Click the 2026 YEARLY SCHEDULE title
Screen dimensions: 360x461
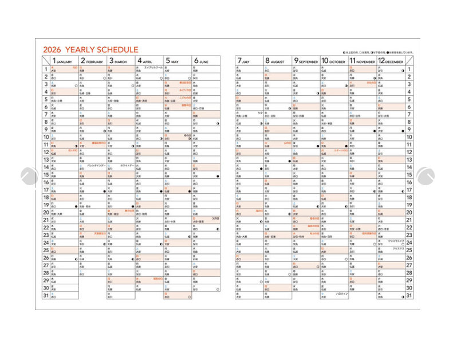[90, 50]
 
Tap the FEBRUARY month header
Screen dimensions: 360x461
[92, 61]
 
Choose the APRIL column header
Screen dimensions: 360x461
[145, 61]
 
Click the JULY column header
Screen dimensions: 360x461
[244, 61]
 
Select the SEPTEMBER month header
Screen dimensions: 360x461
[306, 61]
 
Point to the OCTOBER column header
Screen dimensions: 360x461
[333, 61]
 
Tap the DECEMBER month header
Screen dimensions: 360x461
[390, 61]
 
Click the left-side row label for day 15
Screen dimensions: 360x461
[46, 174]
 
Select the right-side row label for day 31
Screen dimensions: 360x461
[409, 295]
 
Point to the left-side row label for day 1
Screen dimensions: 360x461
[46, 69]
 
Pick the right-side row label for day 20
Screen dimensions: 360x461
[409, 212]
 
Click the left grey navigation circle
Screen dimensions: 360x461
[28, 177]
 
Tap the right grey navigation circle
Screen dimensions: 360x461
[425, 177]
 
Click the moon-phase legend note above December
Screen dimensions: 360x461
[377, 52]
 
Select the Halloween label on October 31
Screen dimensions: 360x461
[342, 293]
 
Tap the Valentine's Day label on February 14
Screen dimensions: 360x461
[95, 165]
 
